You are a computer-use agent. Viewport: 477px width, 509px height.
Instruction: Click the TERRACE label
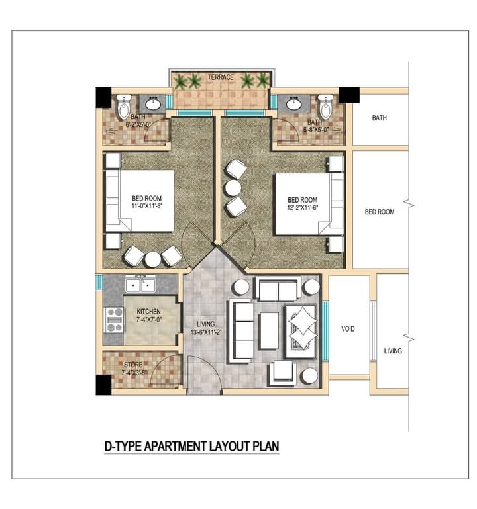point(221,77)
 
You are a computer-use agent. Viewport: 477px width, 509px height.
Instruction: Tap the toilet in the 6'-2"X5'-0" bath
point(124,107)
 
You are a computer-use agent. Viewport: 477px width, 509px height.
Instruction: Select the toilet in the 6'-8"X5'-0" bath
point(325,107)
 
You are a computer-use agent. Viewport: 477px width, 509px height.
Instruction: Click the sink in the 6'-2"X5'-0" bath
point(152,104)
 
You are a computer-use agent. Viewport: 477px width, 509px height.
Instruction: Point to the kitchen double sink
point(140,285)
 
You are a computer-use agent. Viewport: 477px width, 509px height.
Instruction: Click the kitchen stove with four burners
point(113,320)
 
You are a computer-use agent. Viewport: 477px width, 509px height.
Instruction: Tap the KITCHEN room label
point(148,311)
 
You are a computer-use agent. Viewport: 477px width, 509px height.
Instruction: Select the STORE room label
point(133,365)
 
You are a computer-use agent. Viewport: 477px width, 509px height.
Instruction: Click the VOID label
point(348,329)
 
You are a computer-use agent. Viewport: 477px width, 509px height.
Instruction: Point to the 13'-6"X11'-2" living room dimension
point(206,332)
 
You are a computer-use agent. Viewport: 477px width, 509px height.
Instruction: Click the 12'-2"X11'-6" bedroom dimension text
point(302,207)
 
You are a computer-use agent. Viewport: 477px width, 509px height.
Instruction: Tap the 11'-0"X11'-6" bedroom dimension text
point(147,206)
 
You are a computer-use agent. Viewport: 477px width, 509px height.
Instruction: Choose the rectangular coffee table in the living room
point(269,331)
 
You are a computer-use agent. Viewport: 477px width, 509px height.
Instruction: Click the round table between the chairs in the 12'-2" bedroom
point(233,188)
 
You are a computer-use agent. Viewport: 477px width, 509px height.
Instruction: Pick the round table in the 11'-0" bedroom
point(153,259)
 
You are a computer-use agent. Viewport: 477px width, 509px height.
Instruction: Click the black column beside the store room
point(103,385)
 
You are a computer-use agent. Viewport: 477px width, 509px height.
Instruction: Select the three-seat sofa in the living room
point(242,331)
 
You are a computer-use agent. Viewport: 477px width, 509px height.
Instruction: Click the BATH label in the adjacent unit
point(380,118)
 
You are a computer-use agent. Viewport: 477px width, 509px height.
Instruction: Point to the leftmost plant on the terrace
point(181,82)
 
